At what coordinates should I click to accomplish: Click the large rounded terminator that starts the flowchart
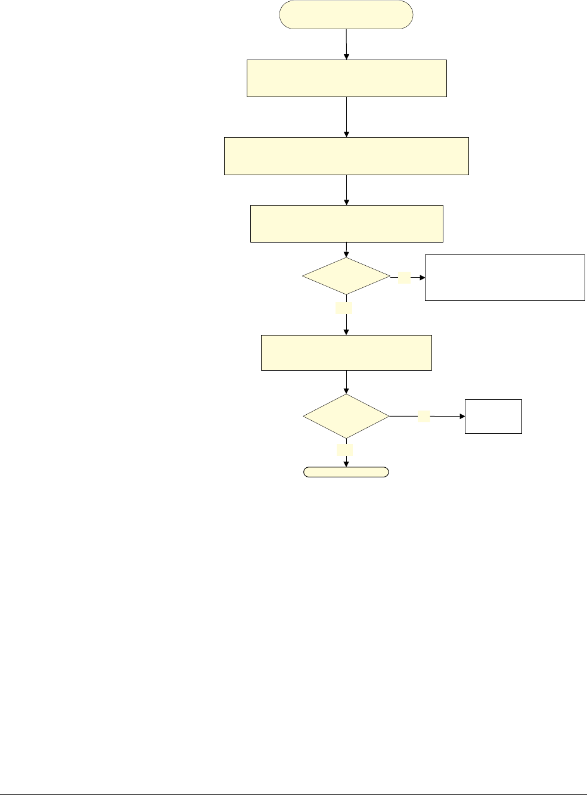click(x=346, y=15)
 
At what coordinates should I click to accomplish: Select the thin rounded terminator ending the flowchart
click(x=346, y=473)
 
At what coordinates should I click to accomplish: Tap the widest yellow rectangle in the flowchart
click(x=346, y=156)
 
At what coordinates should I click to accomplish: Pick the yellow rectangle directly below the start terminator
click(x=346, y=78)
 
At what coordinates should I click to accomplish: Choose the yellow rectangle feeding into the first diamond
click(x=346, y=223)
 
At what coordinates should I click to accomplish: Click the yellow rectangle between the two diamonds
click(x=346, y=353)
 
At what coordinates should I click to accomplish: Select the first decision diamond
click(x=346, y=277)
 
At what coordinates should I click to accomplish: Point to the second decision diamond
click(x=346, y=416)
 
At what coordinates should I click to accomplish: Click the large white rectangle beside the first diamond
click(x=505, y=278)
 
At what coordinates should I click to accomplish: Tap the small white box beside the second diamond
click(x=493, y=416)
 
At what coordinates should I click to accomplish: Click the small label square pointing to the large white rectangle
click(x=404, y=278)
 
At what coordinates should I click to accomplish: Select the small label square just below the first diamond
click(x=344, y=308)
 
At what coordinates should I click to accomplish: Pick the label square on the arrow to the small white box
click(x=424, y=417)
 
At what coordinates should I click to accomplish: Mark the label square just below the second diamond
click(x=344, y=449)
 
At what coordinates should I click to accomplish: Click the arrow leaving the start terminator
click(x=346, y=44)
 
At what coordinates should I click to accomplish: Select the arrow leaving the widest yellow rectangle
click(x=346, y=190)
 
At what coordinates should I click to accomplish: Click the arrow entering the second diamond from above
click(x=346, y=382)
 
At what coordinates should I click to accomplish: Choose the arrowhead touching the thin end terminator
click(x=346, y=464)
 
